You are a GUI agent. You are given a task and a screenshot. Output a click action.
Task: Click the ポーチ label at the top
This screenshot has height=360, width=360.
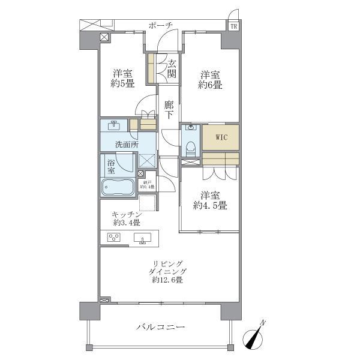[x=161, y=25]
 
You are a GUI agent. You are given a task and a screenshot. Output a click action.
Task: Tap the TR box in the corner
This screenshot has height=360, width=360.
[x=232, y=26]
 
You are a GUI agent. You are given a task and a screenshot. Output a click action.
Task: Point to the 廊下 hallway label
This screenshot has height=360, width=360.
[x=169, y=109]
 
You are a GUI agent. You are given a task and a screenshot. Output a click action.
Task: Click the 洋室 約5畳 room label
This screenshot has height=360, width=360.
[x=122, y=79]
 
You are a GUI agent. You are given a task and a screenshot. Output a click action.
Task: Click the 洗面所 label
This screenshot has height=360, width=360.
[x=127, y=145]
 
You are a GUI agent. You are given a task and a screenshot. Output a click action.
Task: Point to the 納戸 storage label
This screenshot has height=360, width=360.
[x=148, y=184]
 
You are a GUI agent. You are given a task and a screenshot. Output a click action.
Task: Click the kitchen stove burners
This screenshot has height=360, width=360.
[x=113, y=238]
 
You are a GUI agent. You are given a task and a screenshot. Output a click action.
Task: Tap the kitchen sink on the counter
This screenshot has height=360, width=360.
[x=143, y=238]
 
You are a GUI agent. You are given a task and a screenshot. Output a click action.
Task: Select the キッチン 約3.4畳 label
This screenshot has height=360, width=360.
[x=125, y=219]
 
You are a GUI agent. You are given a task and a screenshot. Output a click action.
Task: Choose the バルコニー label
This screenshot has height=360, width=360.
[x=160, y=327]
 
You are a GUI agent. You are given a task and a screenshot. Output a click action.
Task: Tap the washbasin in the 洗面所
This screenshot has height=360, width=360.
[x=114, y=126]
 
